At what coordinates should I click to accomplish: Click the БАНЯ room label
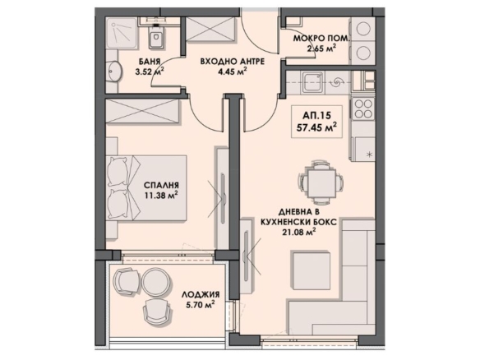[150, 62]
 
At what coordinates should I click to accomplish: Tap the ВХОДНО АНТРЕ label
[233, 62]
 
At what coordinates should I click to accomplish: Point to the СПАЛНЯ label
[161, 185]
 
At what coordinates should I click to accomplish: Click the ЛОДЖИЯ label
[201, 294]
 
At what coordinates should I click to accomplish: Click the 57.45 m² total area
[316, 127]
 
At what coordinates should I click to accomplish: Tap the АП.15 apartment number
[316, 115]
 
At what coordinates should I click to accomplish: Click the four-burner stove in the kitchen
[363, 109]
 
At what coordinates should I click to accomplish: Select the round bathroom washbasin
[115, 72]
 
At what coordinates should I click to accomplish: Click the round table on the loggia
[156, 282]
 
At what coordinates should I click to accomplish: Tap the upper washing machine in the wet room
[364, 29]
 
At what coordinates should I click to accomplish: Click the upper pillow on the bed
[118, 172]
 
